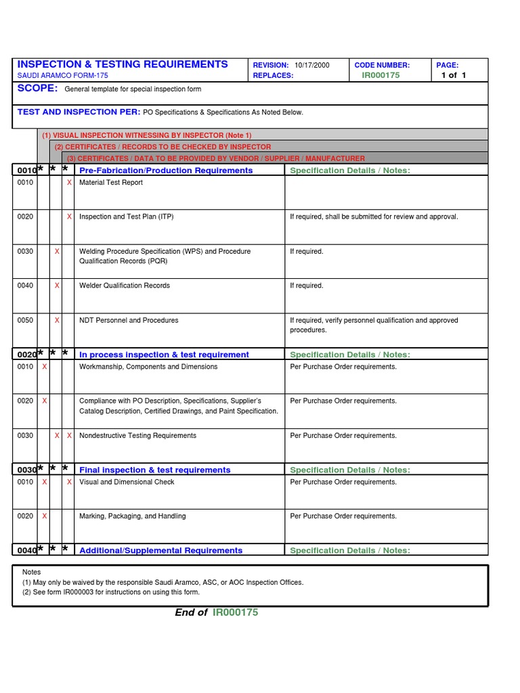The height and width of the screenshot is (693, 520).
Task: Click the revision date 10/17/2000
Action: [312, 65]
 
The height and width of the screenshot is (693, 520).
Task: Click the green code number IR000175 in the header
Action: [381, 75]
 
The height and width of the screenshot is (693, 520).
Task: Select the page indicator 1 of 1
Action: [454, 75]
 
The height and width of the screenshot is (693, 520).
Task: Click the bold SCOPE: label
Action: [38, 89]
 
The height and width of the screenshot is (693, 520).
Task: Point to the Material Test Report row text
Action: [111, 183]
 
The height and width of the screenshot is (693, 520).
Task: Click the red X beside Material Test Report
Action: [69, 183]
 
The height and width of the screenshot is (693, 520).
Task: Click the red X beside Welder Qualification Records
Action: [57, 286]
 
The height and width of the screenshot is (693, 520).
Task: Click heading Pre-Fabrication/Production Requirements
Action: [166, 171]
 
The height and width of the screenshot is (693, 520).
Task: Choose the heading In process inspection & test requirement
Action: [164, 355]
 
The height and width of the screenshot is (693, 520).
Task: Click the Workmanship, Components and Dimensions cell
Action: [148, 367]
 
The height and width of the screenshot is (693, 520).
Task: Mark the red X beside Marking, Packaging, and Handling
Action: [45, 516]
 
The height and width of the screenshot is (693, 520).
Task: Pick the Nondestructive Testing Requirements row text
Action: [137, 436]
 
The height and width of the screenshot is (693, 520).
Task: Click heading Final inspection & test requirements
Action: [155, 470]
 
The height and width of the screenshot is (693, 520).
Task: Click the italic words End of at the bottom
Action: [191, 612]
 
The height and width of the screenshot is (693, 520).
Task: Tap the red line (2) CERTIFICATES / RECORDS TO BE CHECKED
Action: [162, 147]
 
